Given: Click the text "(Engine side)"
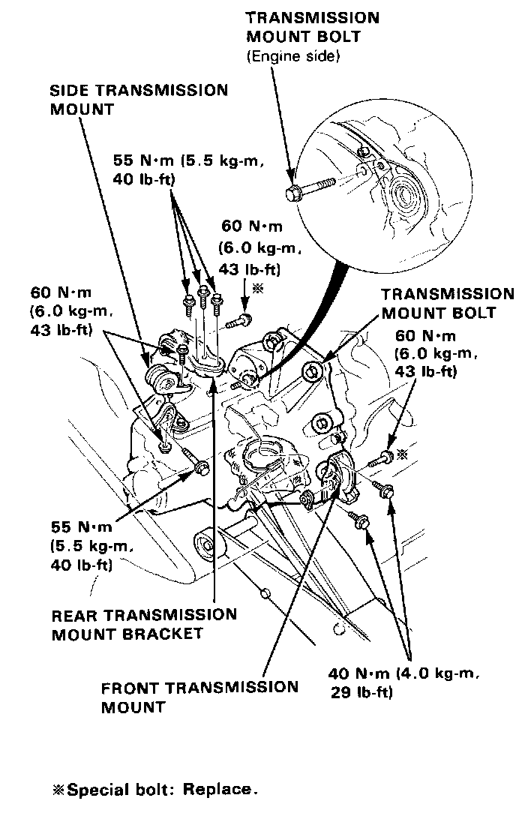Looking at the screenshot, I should pyautogui.click(x=292, y=56).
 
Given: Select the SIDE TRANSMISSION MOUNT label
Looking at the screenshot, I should pyautogui.click(x=138, y=99).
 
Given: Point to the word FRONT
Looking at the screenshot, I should pyautogui.click(x=128, y=688).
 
